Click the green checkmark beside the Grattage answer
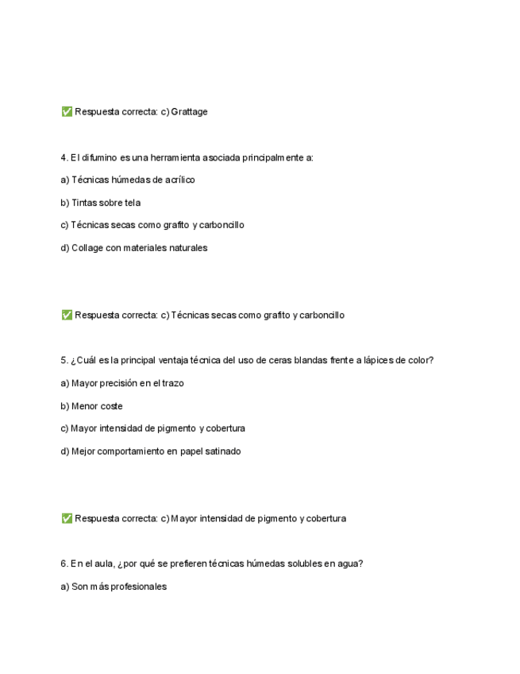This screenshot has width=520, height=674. click(67, 112)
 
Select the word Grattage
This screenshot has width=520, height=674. click(189, 112)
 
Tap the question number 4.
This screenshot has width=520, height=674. click(64, 157)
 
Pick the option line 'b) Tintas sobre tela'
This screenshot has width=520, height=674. click(101, 203)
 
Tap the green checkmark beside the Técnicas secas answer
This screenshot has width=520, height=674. click(67, 315)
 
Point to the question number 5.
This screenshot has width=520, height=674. click(64, 360)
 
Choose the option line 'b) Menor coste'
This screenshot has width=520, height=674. click(92, 406)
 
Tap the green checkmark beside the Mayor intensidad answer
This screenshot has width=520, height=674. click(67, 518)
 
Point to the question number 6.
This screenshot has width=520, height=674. click(64, 564)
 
